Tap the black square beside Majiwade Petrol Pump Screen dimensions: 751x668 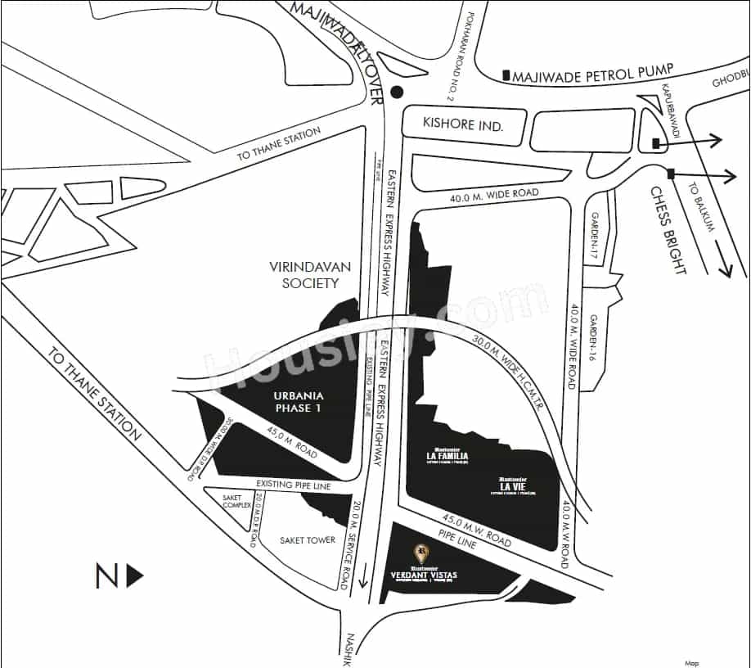pos(507,75)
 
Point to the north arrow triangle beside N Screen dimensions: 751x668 pos(135,576)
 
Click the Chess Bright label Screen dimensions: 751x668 pos(668,230)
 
